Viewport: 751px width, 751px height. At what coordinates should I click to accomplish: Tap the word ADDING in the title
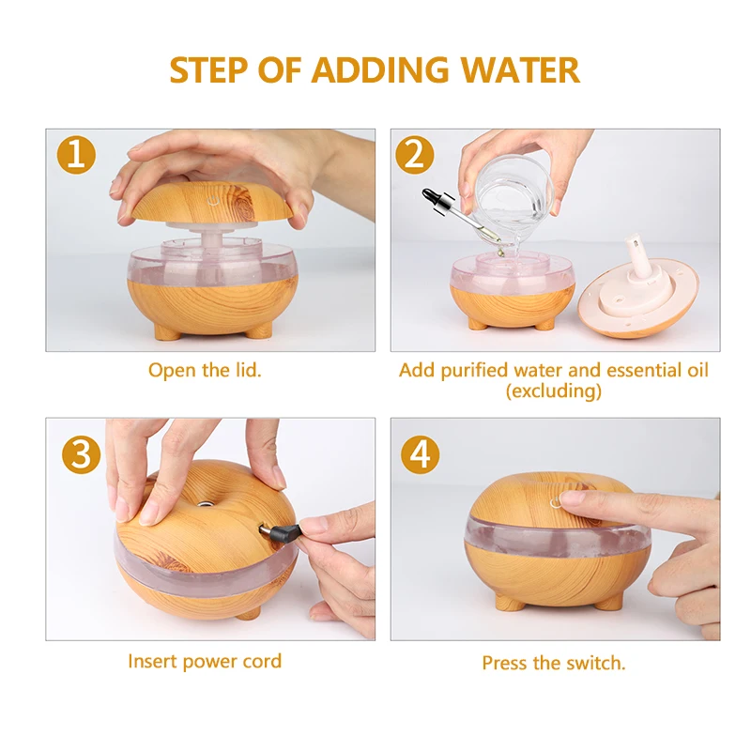coord(380,69)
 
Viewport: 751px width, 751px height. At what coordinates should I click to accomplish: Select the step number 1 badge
coord(76,155)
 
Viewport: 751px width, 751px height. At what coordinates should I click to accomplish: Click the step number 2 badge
coord(415,155)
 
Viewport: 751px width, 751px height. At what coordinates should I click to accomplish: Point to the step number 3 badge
coord(81,454)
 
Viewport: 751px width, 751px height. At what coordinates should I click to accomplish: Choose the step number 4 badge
coord(420,454)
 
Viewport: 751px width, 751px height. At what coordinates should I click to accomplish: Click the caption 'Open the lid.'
coord(205,370)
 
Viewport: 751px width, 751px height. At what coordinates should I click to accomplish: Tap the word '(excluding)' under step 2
coord(554,391)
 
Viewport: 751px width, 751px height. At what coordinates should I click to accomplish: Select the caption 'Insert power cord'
coord(205,662)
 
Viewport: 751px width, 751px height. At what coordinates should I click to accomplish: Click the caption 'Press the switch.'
coord(554,664)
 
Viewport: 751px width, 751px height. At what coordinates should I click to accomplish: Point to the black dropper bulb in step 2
coord(433,197)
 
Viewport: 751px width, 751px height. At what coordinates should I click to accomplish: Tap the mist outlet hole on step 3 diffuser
coord(205,503)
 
